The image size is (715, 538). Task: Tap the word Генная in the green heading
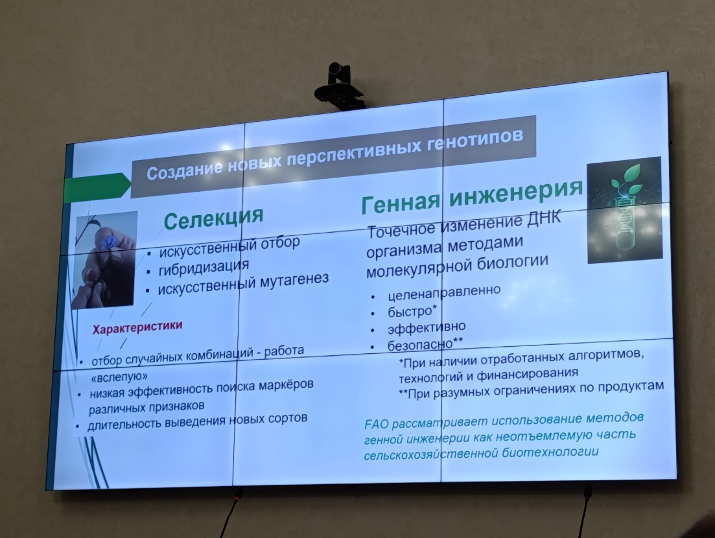401,202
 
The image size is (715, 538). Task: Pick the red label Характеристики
137,327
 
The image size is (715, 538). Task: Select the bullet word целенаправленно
443,292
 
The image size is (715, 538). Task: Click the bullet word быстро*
412,311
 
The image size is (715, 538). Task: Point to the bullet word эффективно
427,327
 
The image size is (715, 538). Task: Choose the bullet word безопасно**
425,344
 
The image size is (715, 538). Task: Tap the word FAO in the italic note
377,424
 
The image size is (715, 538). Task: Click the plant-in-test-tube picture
624,210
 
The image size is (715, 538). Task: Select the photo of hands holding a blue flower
104,260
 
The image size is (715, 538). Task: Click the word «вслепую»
119,377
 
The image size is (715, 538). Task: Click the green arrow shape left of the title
98,188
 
